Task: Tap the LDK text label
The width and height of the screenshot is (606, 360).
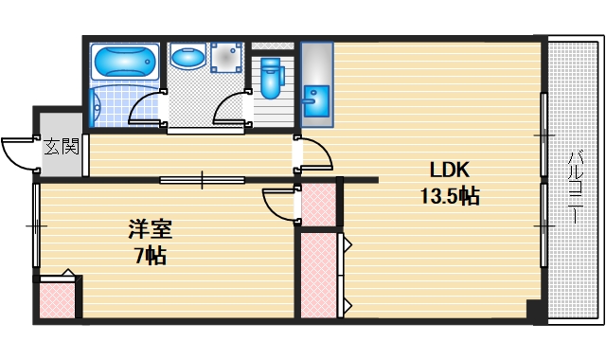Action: tap(450, 171)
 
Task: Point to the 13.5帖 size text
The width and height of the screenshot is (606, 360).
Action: tap(450, 197)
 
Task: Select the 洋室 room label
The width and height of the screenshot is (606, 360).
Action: tap(151, 229)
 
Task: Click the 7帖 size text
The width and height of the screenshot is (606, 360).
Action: tap(151, 255)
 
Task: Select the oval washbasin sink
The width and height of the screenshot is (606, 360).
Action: tap(188, 58)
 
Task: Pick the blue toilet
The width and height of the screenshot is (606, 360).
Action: tap(272, 77)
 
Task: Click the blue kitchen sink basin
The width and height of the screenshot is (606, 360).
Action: tap(316, 97)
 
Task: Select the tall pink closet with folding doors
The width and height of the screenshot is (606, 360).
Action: tap(319, 275)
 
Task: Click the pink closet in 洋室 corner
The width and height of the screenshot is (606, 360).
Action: tap(59, 297)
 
